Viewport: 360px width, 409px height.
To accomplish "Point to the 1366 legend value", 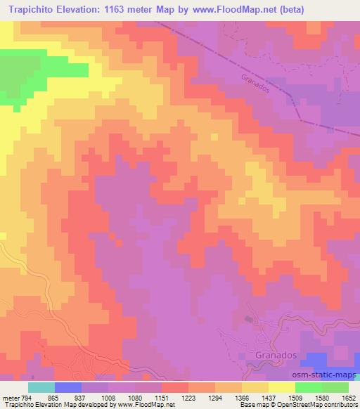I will [242, 397].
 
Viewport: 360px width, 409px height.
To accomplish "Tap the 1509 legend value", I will [295, 397].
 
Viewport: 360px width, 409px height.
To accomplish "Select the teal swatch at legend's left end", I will [41, 387].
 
